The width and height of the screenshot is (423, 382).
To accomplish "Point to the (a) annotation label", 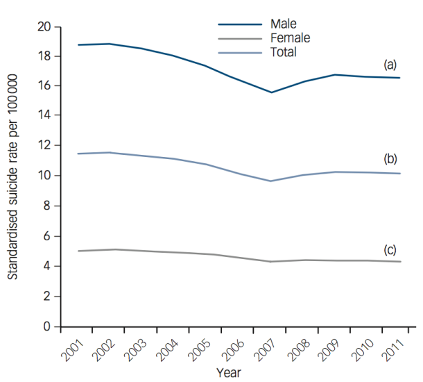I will point(390,65).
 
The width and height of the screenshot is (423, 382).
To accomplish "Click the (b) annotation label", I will point(390,158).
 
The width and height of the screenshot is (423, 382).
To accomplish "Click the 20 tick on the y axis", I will point(45,26).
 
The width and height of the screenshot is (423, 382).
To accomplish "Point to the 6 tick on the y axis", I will point(48,236).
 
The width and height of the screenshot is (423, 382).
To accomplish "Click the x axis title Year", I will point(228,372).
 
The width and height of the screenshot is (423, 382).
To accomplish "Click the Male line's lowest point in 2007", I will point(271,92).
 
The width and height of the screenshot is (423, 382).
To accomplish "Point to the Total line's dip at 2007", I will point(271,181).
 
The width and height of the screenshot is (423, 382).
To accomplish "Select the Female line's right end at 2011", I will point(399,262).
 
